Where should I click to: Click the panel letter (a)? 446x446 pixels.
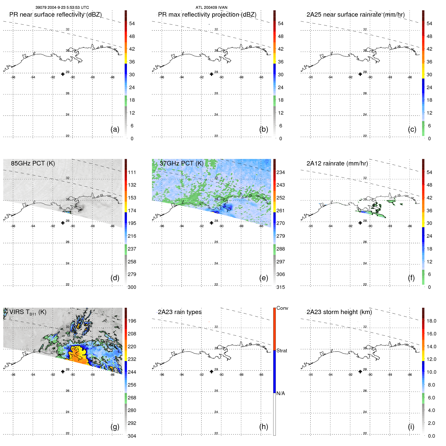tap(115, 129)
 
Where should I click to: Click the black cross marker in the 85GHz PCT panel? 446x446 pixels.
tap(63, 223)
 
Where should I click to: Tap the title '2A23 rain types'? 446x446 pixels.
tap(180, 312)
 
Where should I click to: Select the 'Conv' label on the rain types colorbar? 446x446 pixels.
tap(282, 308)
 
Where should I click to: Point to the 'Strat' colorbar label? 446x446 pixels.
tap(282, 351)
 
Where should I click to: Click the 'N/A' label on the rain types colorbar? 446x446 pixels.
tap(281, 393)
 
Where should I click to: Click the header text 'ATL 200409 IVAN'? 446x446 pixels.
tap(211, 8)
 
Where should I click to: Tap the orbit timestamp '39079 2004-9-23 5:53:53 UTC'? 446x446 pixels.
tap(62, 8)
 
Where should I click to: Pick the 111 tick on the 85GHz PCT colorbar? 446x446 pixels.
tap(132, 172)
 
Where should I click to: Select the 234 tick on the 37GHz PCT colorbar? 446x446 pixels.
tap(281, 172)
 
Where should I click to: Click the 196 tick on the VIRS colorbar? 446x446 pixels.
tap(132, 321)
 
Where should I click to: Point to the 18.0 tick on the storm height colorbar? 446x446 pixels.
tap(431, 321)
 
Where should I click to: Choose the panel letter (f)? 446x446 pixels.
tap(411, 278)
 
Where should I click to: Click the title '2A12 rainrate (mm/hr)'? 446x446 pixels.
tap(337, 163)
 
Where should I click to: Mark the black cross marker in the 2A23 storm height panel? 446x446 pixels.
tap(360, 371)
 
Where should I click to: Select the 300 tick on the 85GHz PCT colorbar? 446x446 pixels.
tap(132, 287)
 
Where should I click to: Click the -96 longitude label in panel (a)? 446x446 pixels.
tap(13, 77)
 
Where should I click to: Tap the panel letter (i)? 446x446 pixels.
tap(411, 427)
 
